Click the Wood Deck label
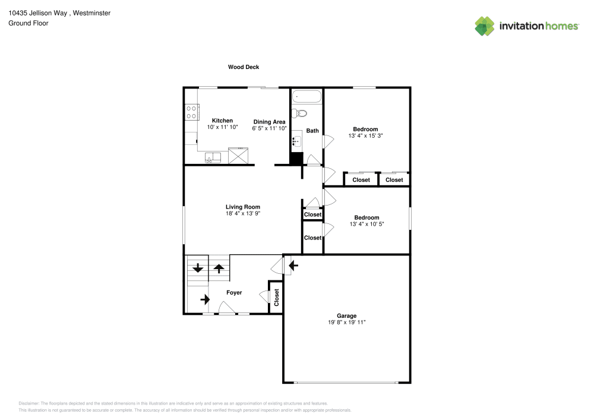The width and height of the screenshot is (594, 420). [244, 67]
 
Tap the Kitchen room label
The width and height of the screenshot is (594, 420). [222, 121]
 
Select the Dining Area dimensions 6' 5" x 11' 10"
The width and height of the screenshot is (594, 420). [269, 128]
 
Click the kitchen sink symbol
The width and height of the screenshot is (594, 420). [213, 157]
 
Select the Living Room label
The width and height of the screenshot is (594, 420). [242, 207]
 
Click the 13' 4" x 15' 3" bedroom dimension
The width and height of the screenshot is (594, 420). [365, 135]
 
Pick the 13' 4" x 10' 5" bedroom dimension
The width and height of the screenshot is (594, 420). [366, 224]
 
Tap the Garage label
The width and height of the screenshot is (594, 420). [347, 315]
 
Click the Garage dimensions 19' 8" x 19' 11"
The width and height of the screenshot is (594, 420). [347, 323]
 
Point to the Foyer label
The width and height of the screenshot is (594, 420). [234, 292]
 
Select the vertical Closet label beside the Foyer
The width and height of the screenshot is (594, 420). [276, 296]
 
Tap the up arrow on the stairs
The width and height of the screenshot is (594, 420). [219, 268]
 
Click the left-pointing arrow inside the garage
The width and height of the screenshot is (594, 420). [293, 264]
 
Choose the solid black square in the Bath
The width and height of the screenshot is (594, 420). [296, 159]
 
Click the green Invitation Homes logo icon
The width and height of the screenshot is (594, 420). [485, 26]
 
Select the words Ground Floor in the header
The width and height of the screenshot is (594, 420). [29, 23]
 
